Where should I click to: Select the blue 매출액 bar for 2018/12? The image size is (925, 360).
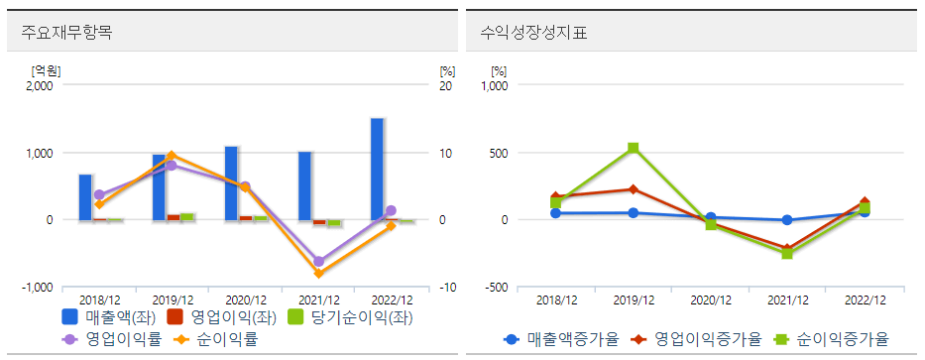[86, 196]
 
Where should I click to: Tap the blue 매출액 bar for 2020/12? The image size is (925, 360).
[231, 182]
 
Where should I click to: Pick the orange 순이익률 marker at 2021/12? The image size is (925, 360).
[318, 273]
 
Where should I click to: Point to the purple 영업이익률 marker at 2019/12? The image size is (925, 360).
[172, 166]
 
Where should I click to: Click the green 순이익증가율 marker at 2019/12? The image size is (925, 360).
[633, 149]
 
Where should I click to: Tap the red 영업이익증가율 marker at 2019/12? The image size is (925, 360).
[633, 188]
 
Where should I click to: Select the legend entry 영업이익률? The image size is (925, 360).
[104, 339]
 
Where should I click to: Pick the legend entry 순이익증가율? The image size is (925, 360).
[833, 339]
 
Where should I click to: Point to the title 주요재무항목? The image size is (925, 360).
[66, 33]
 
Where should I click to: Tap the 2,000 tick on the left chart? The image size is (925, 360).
[40, 85]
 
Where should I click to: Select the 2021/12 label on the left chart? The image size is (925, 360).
[318, 300]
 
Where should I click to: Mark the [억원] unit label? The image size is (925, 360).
[46, 69]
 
